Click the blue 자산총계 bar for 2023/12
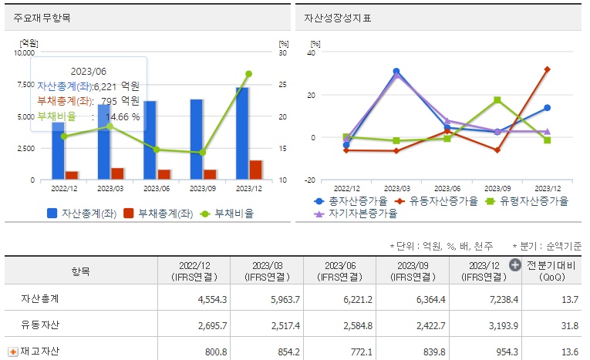coord(242,135)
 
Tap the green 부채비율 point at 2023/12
coord(248,74)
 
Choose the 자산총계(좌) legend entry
coord(82,214)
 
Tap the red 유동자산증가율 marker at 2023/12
coord(547,69)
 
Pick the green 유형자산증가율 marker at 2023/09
coord(497,100)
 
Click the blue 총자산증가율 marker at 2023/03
coord(396,72)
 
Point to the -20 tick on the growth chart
coord(310,180)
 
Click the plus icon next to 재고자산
coord(12,352)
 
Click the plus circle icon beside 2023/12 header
coord(515,264)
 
